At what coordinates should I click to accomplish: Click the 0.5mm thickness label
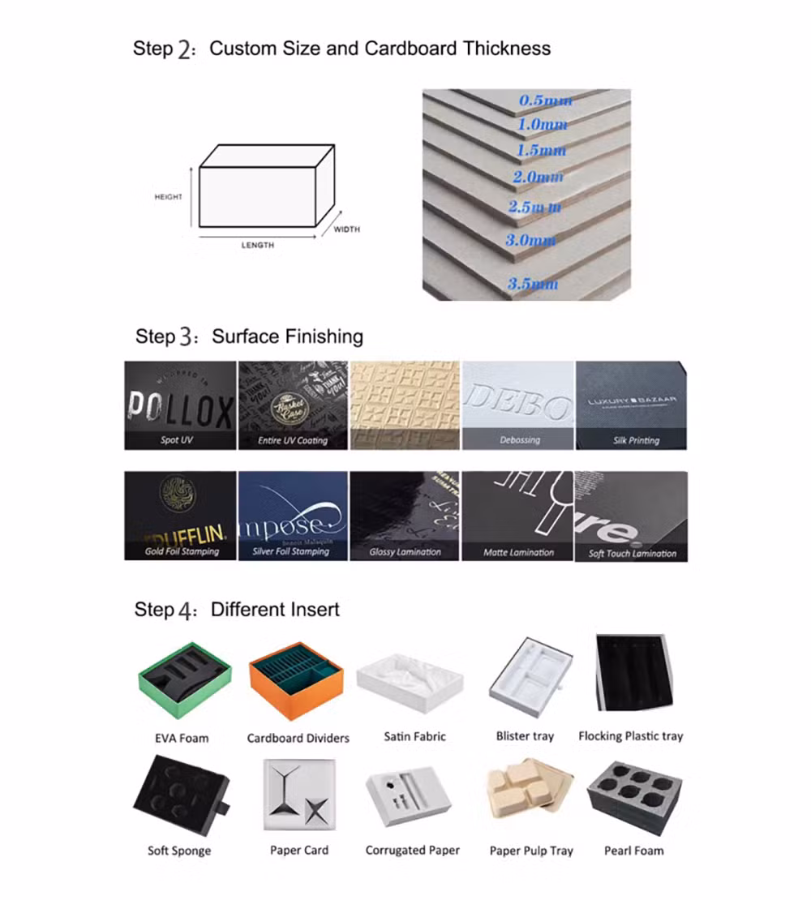545,101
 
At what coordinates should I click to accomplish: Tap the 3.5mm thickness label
533,284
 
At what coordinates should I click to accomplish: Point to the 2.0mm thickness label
538,177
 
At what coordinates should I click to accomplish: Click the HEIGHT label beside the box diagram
169,197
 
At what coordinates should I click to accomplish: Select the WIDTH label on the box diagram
346,229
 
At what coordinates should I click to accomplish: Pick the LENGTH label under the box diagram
258,245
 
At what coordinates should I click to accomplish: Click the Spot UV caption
176,440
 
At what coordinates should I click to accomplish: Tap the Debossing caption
519,440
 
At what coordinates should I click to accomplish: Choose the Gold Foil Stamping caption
182,551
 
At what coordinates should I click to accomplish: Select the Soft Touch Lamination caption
632,554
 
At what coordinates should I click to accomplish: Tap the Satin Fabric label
414,737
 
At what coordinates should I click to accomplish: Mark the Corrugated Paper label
412,851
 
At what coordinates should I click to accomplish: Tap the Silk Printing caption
636,440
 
